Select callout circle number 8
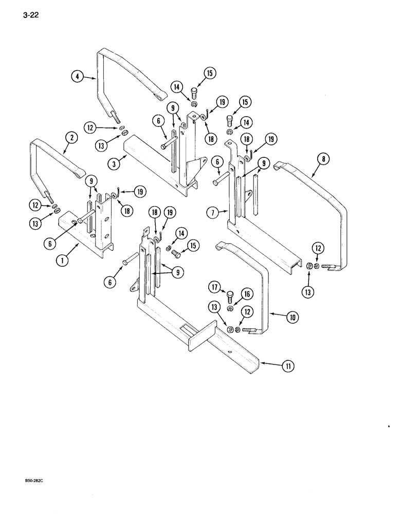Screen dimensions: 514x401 323,159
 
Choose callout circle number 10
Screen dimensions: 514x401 291,318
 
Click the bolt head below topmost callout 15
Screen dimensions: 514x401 194,94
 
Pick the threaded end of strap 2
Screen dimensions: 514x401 48,194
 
